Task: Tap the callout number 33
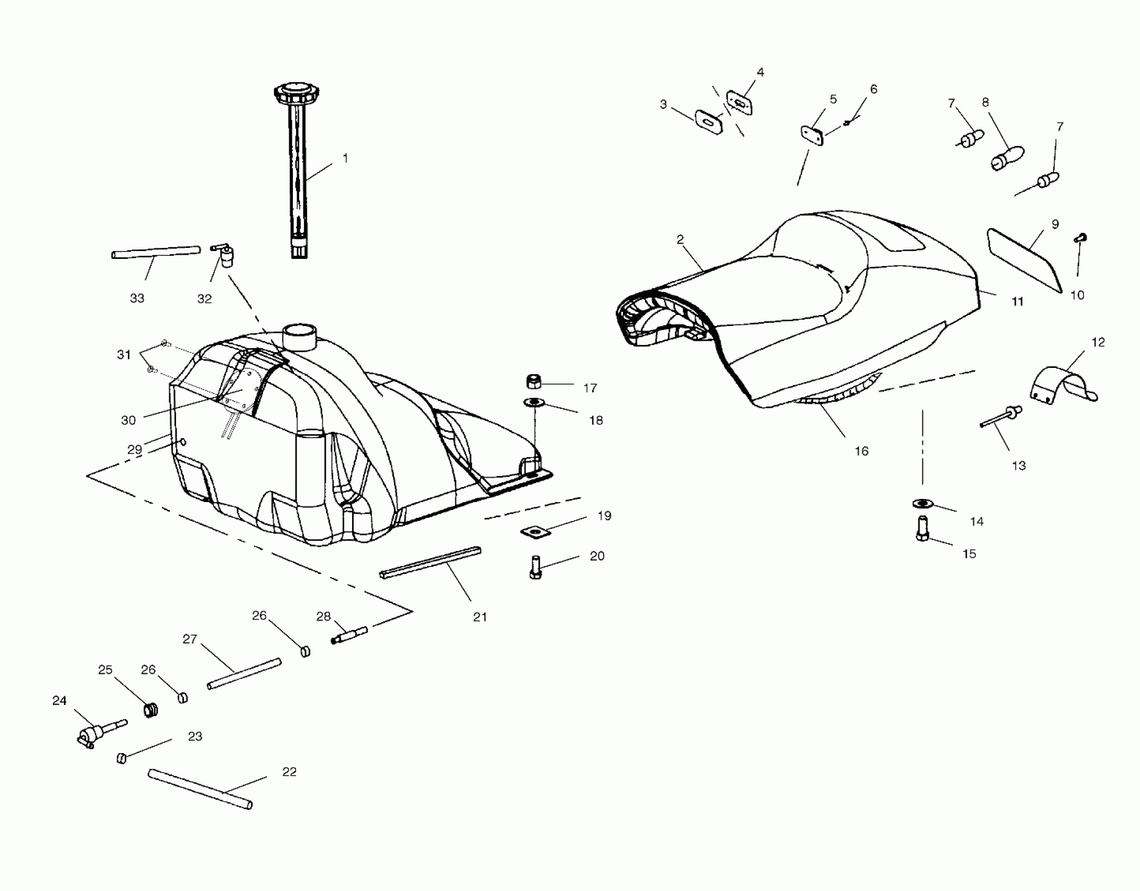[x=137, y=298]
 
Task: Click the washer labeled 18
[x=534, y=403]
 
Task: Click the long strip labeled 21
[x=430, y=562]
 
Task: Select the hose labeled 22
[x=200, y=789]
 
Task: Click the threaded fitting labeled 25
[x=151, y=711]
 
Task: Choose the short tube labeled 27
[x=244, y=674]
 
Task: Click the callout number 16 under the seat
[x=861, y=451]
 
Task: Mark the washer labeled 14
[x=923, y=504]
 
